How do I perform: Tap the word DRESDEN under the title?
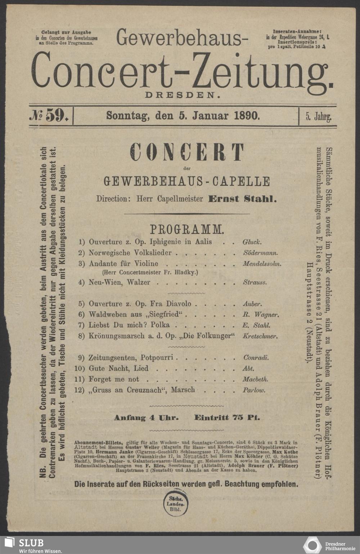[182, 95]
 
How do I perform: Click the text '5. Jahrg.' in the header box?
[318, 117]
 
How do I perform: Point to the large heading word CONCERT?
[187, 153]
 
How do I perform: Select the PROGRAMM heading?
[187, 229]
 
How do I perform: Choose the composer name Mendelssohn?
[262, 264]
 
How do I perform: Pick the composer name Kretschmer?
[260, 337]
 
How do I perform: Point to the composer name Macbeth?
[255, 379]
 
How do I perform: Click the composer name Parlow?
[254, 390]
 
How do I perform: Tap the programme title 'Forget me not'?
[113, 379]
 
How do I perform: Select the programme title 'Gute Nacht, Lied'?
[118, 368]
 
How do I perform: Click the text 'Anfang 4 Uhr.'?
[146, 418]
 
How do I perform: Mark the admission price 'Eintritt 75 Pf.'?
[227, 418]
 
